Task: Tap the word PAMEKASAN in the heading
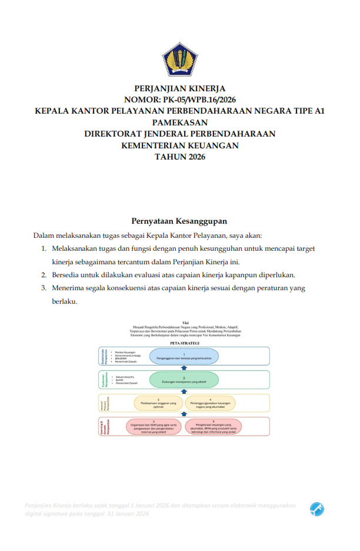[x=180, y=122]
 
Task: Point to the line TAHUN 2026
[x=180, y=156]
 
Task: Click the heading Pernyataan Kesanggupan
[x=179, y=221]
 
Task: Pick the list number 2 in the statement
[x=44, y=275]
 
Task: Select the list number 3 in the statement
[x=44, y=288]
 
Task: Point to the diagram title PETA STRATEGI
[x=184, y=341]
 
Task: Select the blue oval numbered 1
[x=184, y=356]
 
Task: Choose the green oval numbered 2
[x=184, y=380]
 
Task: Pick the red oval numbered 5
[x=154, y=426]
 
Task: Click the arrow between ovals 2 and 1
[x=184, y=367]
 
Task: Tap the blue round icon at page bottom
[x=317, y=509]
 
